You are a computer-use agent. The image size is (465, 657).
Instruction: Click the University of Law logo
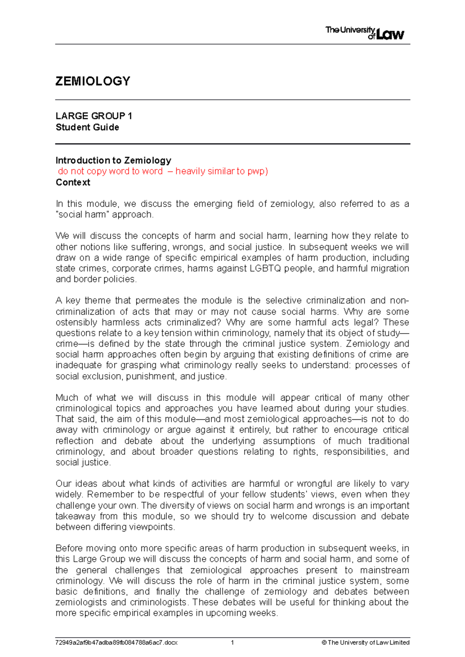tap(364, 33)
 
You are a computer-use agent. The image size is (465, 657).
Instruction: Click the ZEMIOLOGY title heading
tap(93, 81)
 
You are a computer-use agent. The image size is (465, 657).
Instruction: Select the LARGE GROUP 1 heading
tap(94, 116)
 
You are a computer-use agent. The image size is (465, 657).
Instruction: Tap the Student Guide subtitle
tap(87, 127)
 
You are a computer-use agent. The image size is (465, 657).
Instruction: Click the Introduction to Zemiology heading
tap(113, 160)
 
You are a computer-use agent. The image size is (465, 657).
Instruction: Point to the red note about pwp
tap(163, 171)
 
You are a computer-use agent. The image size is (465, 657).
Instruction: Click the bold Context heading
tap(73, 182)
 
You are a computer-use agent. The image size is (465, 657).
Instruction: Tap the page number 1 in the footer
tap(232, 643)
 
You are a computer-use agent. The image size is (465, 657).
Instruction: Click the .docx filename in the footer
tap(116, 643)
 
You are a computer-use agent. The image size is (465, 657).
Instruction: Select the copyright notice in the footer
tap(365, 643)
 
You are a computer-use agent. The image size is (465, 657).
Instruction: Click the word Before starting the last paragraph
tap(69, 548)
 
